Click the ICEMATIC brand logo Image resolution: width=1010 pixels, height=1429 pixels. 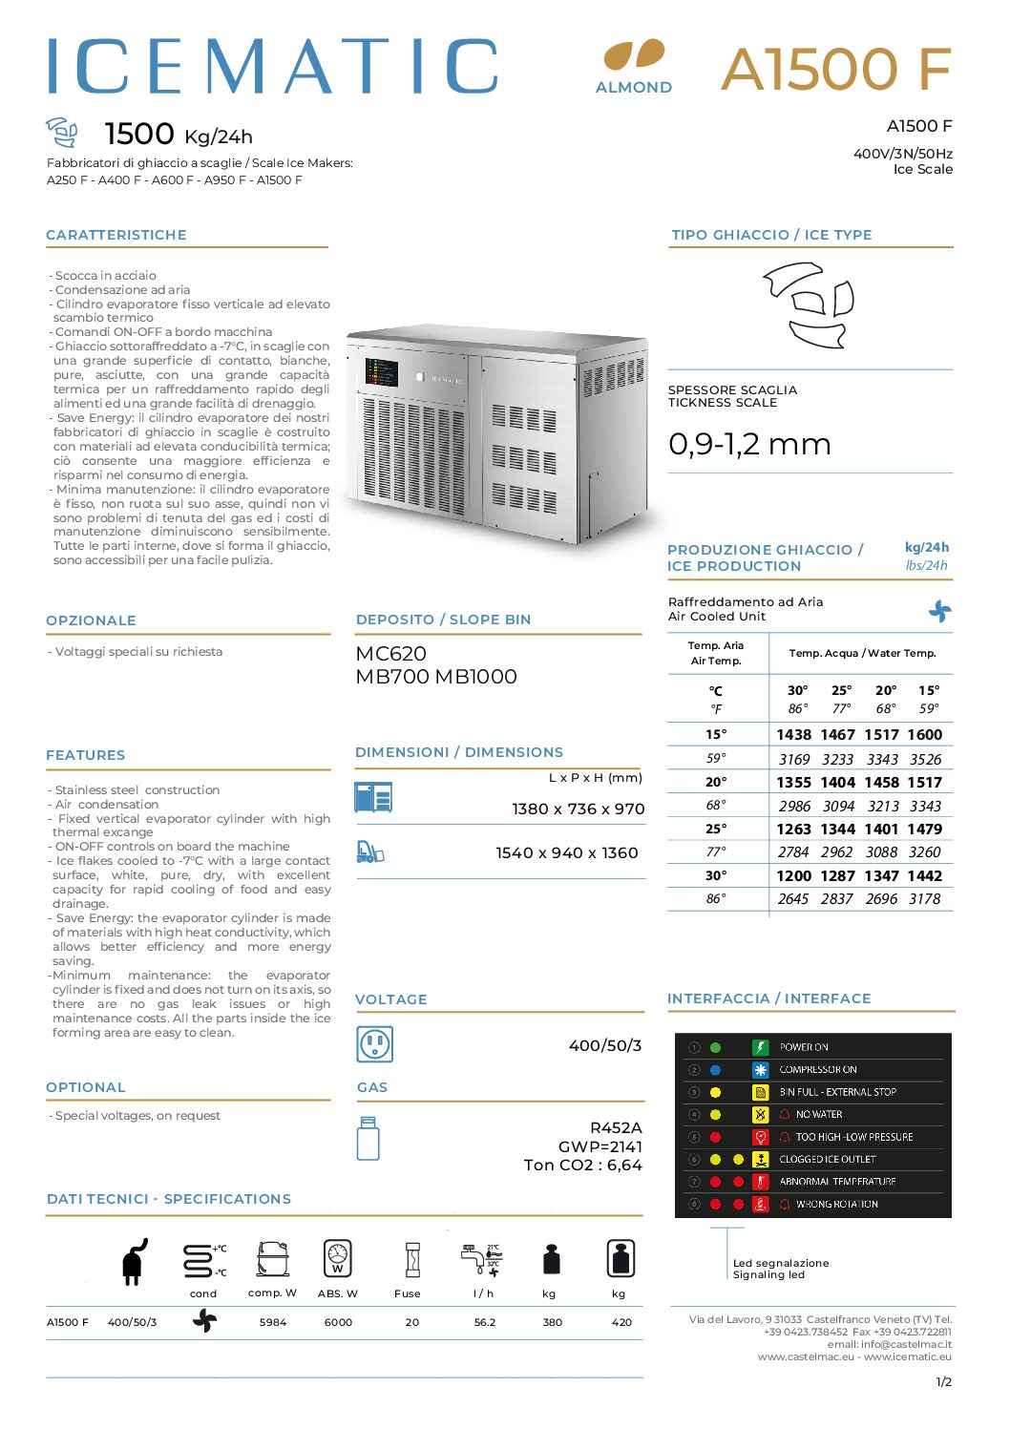(272, 67)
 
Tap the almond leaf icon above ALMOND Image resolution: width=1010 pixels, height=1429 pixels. (633, 54)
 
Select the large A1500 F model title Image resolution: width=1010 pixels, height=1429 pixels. (836, 69)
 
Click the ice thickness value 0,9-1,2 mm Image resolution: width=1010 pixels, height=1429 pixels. (749, 444)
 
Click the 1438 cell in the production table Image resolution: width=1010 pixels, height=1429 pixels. (793, 734)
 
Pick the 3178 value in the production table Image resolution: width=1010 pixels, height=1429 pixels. (924, 898)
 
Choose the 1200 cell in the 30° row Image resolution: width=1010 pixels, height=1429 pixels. (793, 875)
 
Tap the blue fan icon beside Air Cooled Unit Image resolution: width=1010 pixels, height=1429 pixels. (939, 611)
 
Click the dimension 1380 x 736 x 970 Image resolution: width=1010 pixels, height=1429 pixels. (578, 809)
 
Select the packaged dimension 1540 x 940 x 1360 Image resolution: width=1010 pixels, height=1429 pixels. (566, 852)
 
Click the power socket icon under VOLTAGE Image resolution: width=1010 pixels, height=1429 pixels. (374, 1044)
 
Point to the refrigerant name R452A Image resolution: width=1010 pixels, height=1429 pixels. (616, 1127)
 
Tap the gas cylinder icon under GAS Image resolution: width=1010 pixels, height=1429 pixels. (368, 1139)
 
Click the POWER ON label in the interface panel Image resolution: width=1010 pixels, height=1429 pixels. (804, 1047)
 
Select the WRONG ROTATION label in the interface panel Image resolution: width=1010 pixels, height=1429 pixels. (836, 1204)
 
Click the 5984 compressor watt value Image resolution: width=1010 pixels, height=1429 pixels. (273, 1322)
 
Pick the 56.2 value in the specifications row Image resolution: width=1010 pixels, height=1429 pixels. (485, 1322)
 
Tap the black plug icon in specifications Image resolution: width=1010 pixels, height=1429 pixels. (135, 1262)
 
